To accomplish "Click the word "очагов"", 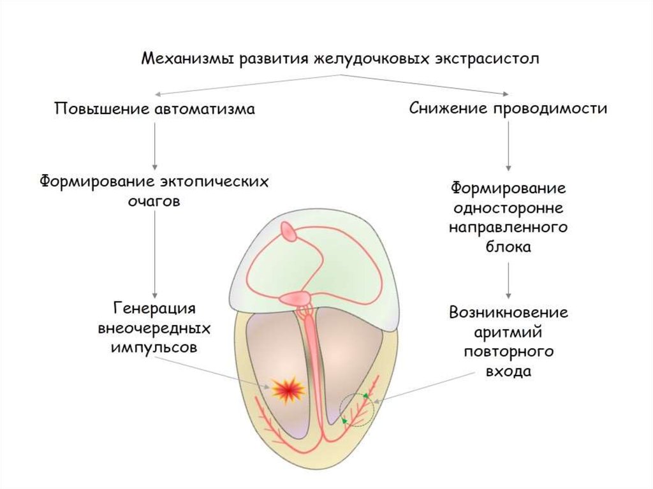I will pos(153,201).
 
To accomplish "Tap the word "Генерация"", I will pos(154,309).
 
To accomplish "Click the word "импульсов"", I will pos(154,347).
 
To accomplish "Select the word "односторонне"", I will pos(508,208).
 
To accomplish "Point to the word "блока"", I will pos(508,247).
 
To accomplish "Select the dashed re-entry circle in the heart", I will pos(356,409).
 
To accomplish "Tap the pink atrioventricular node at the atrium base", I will pos(295,298).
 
